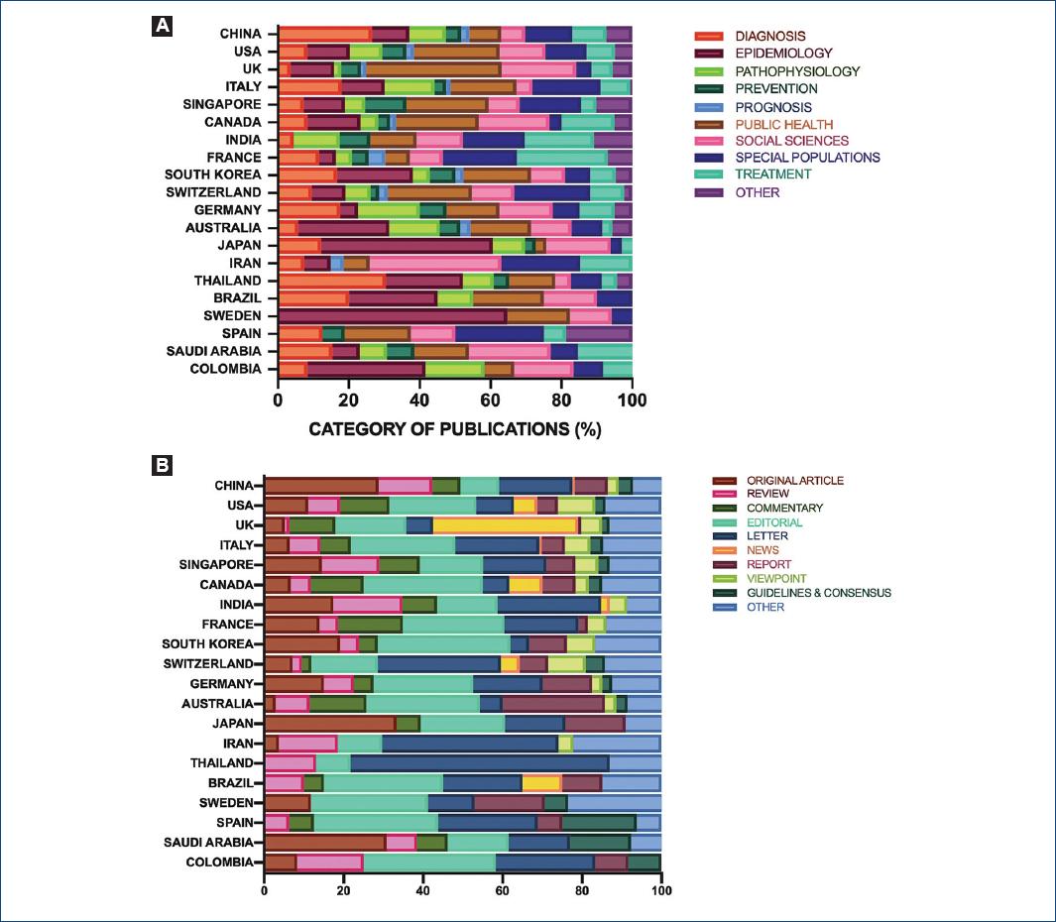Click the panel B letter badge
(162, 463)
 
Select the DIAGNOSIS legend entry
(770, 37)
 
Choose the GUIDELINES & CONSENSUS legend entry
(819, 593)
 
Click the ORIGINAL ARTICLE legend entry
(795, 481)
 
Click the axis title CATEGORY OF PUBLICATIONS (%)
(455, 430)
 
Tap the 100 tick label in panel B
(659, 889)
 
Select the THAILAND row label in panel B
(222, 763)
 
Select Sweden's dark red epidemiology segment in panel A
(392, 316)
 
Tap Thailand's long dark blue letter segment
(479, 763)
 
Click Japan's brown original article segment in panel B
(329, 724)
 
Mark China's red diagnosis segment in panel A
(324, 34)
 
